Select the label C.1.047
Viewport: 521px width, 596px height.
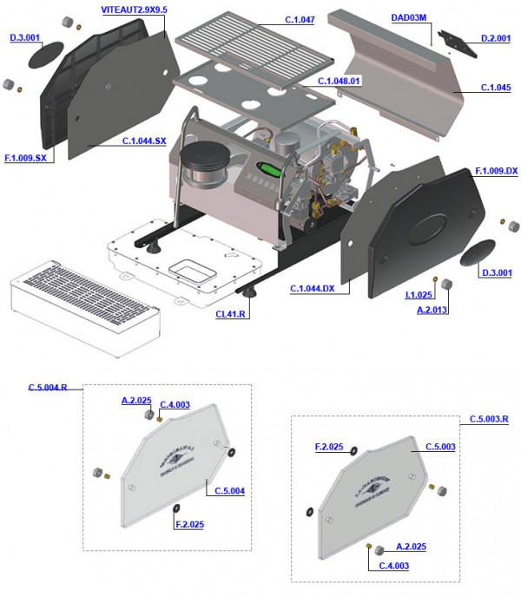[x=300, y=18]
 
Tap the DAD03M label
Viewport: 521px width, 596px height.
[x=408, y=16]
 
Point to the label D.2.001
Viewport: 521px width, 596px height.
[x=496, y=39]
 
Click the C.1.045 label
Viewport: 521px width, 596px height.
[x=496, y=88]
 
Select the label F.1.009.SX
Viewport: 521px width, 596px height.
[x=25, y=158]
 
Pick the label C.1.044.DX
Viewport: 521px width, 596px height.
[x=313, y=287]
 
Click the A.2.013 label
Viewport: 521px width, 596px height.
[x=432, y=309]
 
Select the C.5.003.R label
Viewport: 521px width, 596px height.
[x=489, y=419]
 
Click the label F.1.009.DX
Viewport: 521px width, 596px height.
[x=496, y=171]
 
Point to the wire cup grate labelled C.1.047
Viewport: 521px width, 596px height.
[x=252, y=46]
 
